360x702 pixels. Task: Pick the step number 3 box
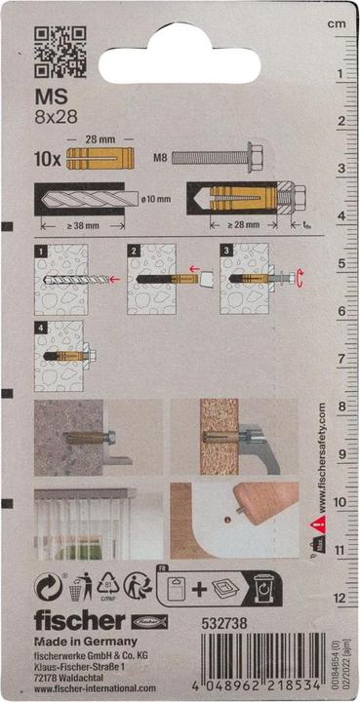coord(227,253)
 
